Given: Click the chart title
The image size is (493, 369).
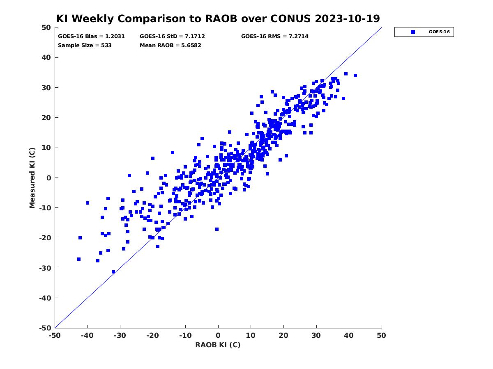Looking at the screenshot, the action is tap(218, 18).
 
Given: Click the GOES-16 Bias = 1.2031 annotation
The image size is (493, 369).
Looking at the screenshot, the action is tap(91, 36).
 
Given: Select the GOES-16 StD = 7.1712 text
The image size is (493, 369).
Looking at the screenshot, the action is tap(172, 36).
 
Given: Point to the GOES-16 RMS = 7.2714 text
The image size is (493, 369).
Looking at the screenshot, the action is tap(274, 36).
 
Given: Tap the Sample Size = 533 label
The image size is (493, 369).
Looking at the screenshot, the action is tap(85, 46).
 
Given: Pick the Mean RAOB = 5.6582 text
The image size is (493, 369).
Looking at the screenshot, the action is tap(170, 46).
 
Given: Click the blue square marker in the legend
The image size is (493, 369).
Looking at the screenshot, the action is tap(413, 32).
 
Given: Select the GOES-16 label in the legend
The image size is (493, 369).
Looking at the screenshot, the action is tap(439, 32).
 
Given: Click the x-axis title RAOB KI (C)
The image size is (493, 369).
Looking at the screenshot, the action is tap(218, 345).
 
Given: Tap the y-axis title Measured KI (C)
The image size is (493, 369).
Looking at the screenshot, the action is tap(32, 178).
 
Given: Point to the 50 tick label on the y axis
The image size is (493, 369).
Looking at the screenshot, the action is tap(46, 27).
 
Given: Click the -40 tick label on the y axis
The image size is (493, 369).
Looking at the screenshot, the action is tap(45, 298).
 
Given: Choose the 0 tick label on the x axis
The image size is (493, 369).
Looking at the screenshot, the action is tap(218, 335).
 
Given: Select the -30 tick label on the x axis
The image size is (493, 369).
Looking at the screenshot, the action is tap(120, 335).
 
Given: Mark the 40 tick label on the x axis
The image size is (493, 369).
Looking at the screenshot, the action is tap(349, 335).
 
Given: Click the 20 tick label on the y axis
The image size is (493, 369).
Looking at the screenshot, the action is tap(46, 118).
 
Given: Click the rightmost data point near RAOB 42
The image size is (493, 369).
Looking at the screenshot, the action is tap(355, 75).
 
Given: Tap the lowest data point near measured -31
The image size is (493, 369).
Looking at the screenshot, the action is tap(113, 272).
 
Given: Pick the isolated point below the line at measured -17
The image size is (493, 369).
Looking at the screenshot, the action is tap(217, 229).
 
